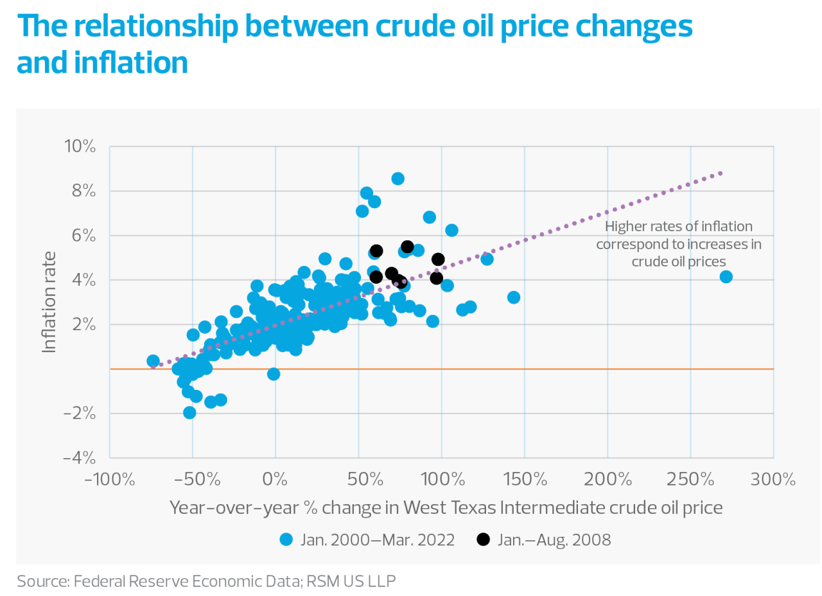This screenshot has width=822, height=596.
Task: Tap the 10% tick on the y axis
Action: [x=80, y=147]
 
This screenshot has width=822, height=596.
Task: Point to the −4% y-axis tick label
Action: [x=80, y=458]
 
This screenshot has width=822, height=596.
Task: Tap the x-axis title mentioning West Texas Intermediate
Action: [x=446, y=507]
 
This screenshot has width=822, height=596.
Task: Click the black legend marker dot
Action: [x=484, y=539]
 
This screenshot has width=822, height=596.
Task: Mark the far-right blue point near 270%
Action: [x=726, y=277]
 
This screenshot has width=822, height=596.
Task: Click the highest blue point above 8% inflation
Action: [x=398, y=179]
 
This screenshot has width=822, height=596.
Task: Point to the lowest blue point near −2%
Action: [x=189, y=412]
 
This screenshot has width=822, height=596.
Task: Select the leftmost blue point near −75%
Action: [x=153, y=361]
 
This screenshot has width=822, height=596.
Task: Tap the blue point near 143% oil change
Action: [x=513, y=297]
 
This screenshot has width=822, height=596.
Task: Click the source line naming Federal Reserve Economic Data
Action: [x=206, y=581]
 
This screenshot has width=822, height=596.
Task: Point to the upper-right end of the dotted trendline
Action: [x=721, y=173]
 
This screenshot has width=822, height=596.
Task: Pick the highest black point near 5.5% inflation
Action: [x=407, y=247]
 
